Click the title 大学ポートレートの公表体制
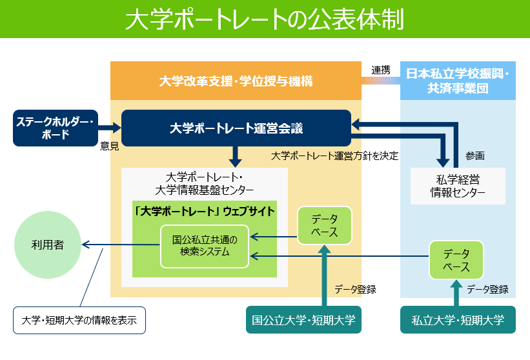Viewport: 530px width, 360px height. click(265, 19)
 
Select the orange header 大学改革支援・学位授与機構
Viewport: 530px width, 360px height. click(236, 81)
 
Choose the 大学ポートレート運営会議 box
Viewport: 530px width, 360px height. click(236, 128)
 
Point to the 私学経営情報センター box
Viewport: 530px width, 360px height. click(458, 185)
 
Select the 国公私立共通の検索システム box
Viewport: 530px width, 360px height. click(205, 246)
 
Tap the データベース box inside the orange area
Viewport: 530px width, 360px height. click(325, 225)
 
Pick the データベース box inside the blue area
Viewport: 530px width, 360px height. click(456, 259)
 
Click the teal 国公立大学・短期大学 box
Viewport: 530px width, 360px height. click(304, 319)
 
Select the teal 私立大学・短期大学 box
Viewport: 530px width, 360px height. click(458, 319)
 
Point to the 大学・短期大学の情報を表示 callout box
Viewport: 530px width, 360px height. click(79, 320)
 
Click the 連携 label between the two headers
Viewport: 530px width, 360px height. click(380, 70)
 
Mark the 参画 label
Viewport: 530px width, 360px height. click(474, 155)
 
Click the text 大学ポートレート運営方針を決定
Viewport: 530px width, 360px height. click(334, 155)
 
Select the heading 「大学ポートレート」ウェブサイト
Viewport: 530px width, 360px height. click(205, 211)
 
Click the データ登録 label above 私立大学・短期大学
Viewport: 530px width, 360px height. click(487, 290)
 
